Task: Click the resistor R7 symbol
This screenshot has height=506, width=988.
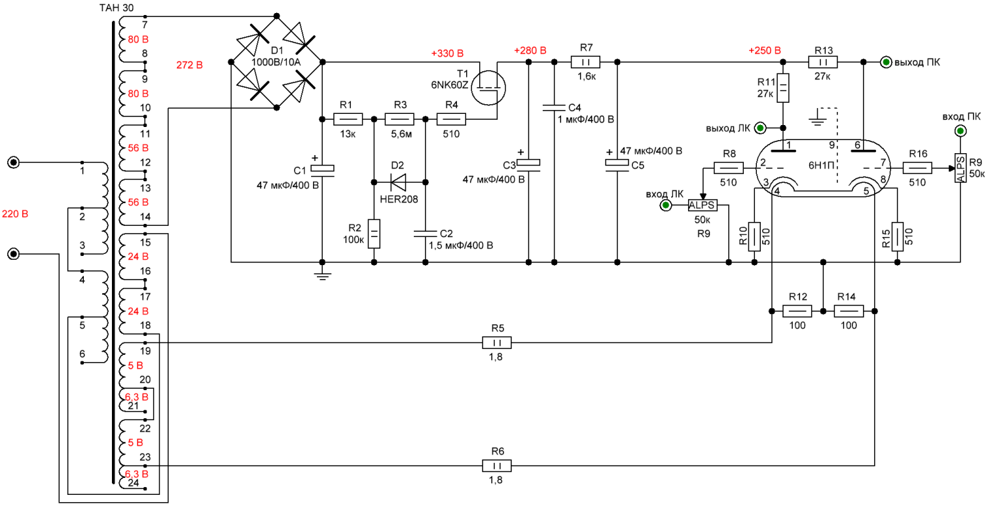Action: [585, 62]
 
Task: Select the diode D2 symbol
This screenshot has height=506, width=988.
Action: [399, 182]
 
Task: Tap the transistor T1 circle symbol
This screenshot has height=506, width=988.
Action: [488, 88]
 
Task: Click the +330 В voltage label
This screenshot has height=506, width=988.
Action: [447, 54]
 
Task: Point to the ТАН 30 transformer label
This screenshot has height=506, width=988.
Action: [117, 8]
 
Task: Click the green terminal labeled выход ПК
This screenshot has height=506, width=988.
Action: [886, 62]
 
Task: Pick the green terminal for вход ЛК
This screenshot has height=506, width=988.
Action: [666, 205]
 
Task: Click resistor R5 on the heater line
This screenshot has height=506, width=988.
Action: [497, 343]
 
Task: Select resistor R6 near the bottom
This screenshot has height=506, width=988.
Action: [497, 466]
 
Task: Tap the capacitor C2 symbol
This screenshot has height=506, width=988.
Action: [425, 234]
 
